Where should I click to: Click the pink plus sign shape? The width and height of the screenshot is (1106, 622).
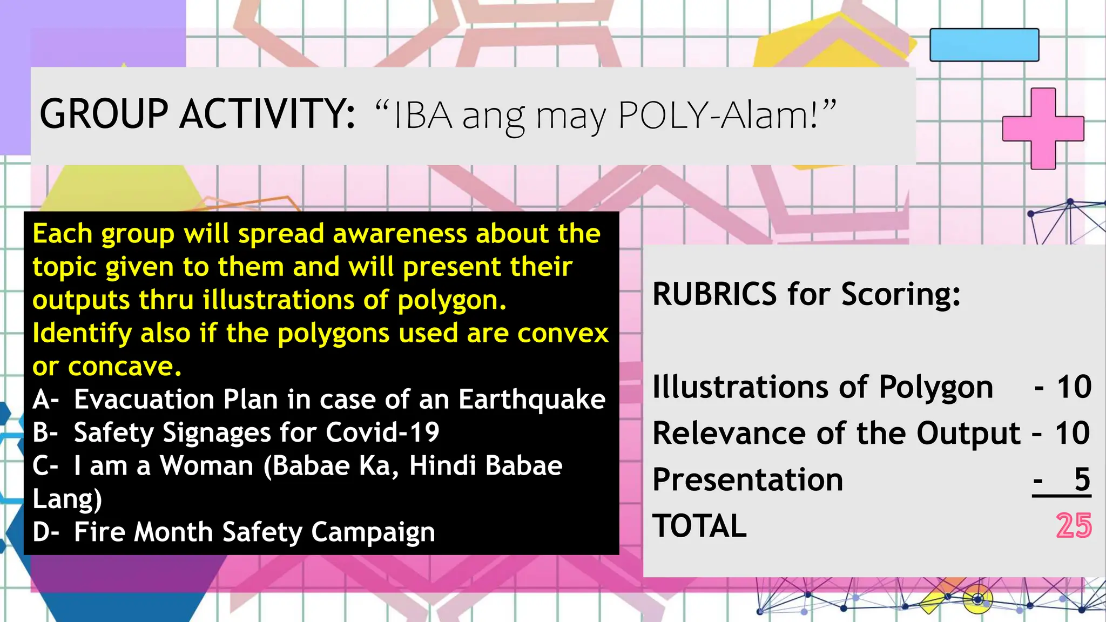point(1043,129)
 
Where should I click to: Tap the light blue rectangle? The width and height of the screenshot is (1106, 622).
point(984,45)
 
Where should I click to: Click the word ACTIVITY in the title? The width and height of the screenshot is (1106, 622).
point(267,114)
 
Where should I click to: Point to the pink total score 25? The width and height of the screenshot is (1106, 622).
point(1074,526)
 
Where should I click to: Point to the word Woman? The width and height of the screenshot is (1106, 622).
point(207,466)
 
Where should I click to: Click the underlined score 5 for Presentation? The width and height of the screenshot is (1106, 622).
point(1082,479)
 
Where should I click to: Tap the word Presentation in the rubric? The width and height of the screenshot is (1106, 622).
point(747,480)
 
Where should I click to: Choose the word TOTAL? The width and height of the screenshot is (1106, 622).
point(699,526)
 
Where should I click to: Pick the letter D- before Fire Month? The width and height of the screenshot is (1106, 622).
point(45,532)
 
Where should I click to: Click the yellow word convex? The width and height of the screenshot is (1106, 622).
point(563,334)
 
